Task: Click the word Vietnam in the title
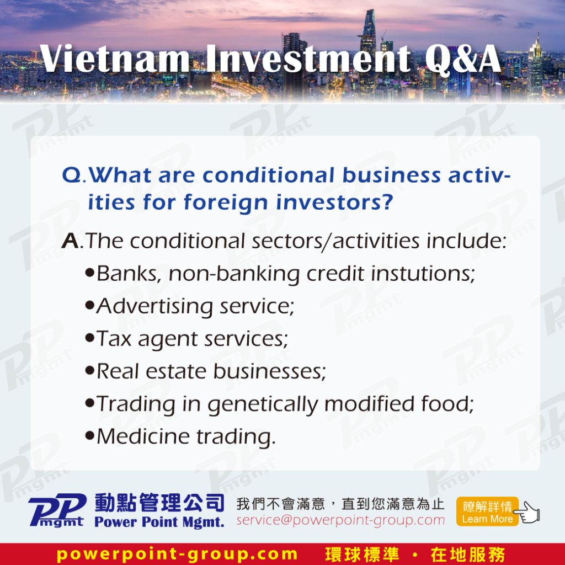(114, 58)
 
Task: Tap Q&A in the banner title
(463, 60)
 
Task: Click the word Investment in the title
(308, 58)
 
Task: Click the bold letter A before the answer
(70, 241)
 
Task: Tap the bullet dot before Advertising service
(89, 305)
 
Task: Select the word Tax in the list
(114, 339)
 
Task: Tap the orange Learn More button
(487, 511)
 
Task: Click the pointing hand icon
(527, 512)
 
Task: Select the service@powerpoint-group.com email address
(340, 520)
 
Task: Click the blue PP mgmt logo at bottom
(57, 510)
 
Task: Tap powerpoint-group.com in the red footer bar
(177, 554)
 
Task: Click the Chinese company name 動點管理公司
(159, 503)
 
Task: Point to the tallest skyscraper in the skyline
(368, 54)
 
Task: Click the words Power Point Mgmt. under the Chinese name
(159, 522)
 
